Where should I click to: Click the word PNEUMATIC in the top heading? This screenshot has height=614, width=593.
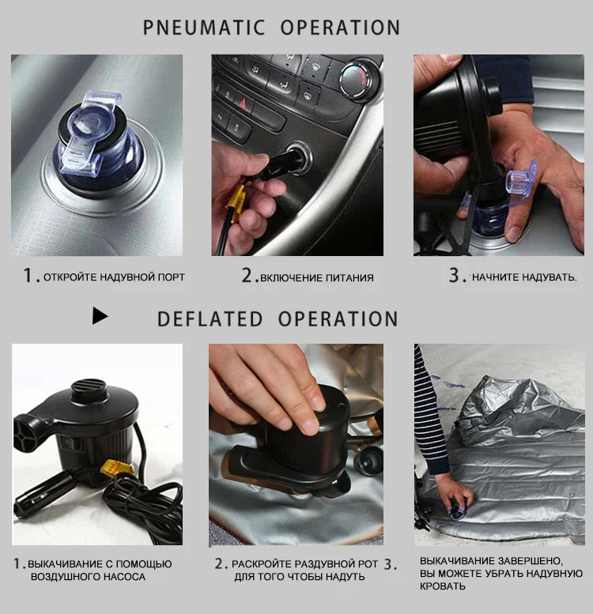point(204,28)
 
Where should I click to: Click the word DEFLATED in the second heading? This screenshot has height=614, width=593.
point(210,318)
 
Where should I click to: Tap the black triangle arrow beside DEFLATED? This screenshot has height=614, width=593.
point(100,315)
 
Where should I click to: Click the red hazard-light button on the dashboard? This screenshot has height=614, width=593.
point(243,104)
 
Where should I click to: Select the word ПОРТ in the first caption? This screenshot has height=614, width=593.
point(171,277)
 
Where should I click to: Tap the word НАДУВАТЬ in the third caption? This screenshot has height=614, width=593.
point(550,277)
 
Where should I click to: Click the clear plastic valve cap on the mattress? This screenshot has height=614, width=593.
point(89,133)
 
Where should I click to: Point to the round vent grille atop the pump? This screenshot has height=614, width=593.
point(89,389)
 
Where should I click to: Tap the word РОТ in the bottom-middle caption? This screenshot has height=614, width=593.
point(368,564)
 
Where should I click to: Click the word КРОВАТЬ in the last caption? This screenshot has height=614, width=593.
point(443,586)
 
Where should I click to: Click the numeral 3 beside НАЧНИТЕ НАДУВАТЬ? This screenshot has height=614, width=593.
point(454,275)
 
